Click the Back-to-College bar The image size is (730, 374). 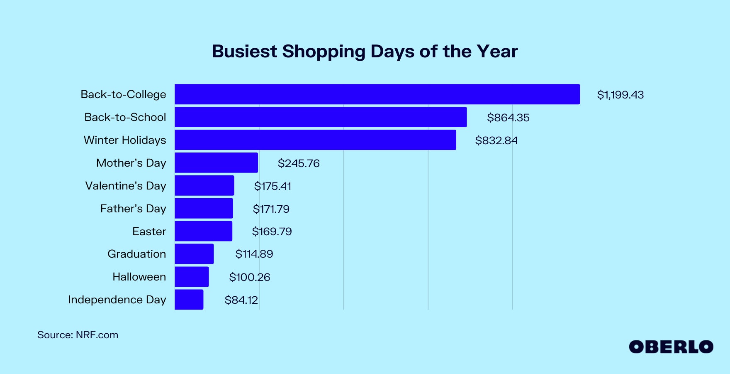(377, 94)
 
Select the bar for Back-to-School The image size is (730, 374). (321, 117)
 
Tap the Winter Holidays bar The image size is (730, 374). (315, 140)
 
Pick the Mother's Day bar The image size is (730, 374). (216, 163)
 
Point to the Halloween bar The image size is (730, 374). (192, 277)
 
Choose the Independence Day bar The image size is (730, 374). (189, 300)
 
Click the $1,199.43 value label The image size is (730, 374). (620, 95)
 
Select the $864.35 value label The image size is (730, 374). (508, 118)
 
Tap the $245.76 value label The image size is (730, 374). (299, 163)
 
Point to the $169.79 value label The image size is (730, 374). (272, 231)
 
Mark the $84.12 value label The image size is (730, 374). (241, 300)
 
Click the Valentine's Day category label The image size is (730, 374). (125, 186)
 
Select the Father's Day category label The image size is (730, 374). (133, 209)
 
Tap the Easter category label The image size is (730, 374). (149, 231)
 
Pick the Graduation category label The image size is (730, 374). (136, 254)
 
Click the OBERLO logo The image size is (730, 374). (671, 347)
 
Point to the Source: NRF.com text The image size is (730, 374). (78, 335)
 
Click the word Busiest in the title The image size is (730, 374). (244, 52)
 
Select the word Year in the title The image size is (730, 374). (497, 52)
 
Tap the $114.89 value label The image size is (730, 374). (254, 254)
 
